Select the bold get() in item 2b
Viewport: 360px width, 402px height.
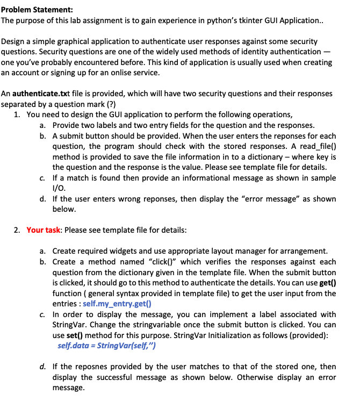click(327, 283)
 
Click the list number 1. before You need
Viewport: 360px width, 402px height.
click(17, 115)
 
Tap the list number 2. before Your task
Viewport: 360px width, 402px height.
click(17, 230)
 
